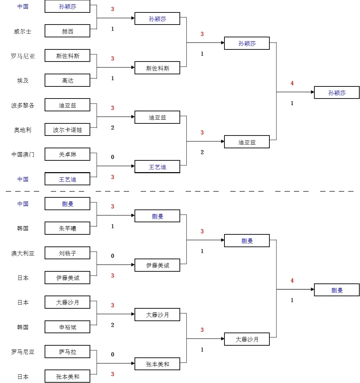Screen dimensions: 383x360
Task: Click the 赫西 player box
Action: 67,31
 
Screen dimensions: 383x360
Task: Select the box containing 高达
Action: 67,81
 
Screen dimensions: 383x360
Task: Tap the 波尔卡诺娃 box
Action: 67,130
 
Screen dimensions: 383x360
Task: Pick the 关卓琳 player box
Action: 67,155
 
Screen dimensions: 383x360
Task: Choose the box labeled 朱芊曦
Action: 67,228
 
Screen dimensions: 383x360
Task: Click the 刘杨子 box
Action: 67,253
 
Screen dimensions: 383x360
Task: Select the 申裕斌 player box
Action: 67,327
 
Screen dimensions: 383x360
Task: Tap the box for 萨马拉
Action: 67,352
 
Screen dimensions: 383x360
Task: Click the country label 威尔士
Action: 23,31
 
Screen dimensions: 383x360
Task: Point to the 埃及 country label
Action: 23,81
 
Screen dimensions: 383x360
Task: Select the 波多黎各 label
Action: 23,105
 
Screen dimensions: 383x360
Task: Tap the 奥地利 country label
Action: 23,130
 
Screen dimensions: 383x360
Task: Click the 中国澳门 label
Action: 23,155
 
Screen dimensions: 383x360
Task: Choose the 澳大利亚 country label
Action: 23,253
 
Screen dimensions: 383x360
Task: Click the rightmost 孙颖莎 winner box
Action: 337,93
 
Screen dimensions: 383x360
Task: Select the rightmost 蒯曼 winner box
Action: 337,290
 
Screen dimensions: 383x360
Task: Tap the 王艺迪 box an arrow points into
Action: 157,167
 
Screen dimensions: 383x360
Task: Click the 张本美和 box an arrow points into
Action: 157,364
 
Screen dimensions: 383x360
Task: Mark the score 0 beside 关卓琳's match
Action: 112,157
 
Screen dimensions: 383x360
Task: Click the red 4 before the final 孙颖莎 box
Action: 292,83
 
